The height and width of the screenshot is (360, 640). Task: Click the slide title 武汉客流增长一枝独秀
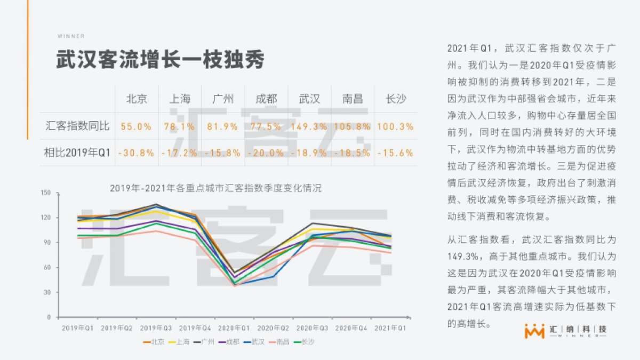160,60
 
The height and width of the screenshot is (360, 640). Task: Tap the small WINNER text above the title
71,36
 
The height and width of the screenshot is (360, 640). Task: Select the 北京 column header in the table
137,99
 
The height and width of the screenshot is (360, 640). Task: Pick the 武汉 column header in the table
309,99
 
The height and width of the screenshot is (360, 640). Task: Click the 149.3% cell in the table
309,126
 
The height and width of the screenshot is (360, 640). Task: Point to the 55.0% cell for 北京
137,126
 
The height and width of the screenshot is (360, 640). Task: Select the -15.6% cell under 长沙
395,153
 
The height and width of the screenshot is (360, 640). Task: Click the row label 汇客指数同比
77,126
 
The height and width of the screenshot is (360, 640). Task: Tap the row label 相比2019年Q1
77,153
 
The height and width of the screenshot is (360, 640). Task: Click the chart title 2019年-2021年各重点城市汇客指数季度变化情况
215,188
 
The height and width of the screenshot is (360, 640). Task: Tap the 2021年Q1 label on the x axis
390,327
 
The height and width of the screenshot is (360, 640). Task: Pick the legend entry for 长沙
304,342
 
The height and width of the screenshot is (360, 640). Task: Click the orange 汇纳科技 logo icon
534,331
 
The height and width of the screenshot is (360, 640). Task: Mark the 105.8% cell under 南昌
352,126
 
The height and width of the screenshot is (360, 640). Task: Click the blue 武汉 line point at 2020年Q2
274,276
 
